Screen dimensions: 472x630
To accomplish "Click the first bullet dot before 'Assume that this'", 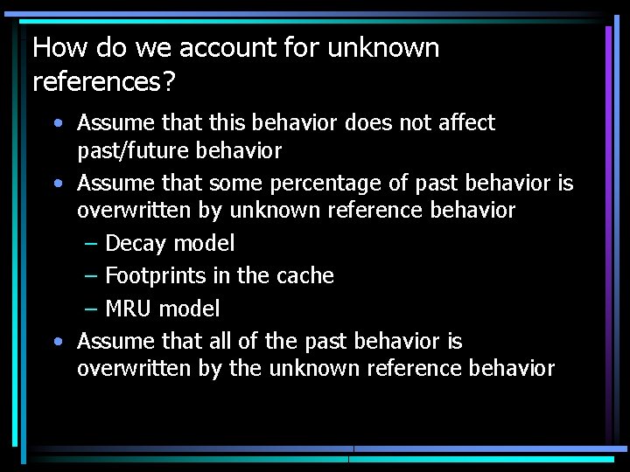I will pos(56,123).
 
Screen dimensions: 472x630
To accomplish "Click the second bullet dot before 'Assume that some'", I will pos(56,184).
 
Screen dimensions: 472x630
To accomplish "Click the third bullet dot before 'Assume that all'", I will pos(56,341).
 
